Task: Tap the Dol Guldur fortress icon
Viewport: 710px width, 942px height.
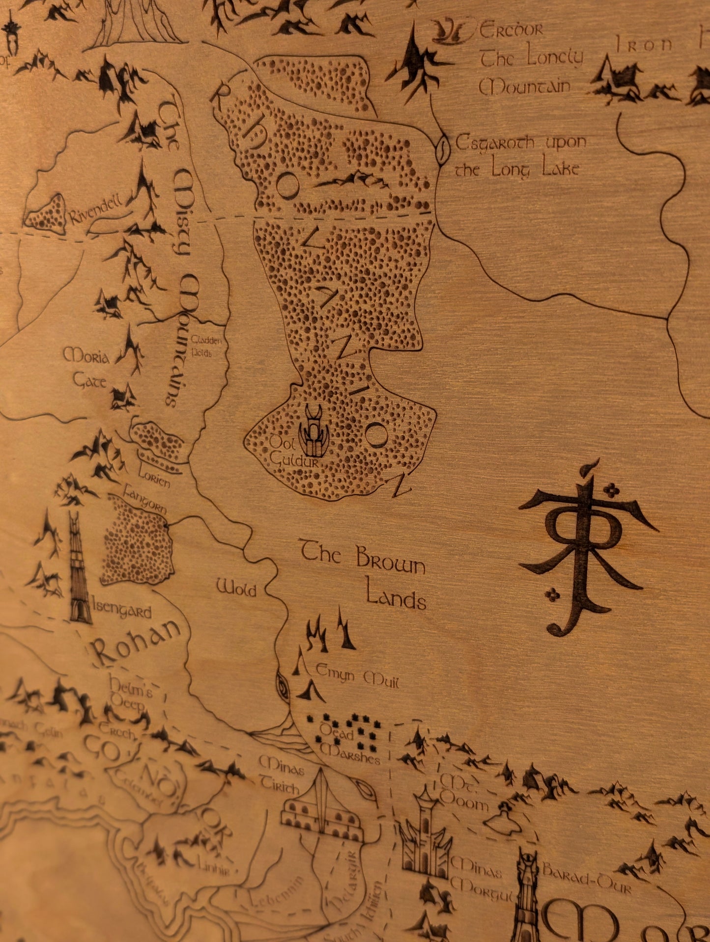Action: (x=312, y=430)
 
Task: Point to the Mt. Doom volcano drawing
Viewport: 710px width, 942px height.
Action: (x=503, y=818)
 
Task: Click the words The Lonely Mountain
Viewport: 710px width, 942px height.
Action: (x=531, y=73)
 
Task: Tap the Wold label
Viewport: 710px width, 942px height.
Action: (x=236, y=587)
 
